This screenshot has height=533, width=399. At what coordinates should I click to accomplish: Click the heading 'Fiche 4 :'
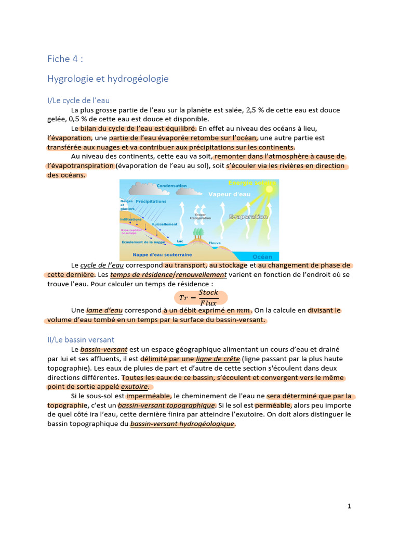(x=65, y=59)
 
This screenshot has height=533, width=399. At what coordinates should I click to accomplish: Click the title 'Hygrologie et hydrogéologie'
(x=108, y=79)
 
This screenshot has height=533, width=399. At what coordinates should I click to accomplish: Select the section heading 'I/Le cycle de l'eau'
(x=78, y=100)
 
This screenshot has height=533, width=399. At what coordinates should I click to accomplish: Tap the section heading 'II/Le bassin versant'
(x=81, y=339)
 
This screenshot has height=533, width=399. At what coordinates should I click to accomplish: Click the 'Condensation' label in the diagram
(x=171, y=186)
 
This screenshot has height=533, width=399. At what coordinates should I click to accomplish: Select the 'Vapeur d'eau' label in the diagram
(x=229, y=194)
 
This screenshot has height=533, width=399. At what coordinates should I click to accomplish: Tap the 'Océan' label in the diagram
(x=262, y=257)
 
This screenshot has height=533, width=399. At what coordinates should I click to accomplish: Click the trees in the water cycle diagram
(x=197, y=234)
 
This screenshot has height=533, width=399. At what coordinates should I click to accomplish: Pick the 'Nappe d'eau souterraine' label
(x=162, y=255)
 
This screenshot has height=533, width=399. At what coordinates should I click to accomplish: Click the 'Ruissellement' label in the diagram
(x=165, y=224)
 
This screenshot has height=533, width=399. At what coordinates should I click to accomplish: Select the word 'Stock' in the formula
(x=208, y=293)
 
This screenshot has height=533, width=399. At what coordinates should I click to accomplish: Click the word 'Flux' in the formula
(x=208, y=303)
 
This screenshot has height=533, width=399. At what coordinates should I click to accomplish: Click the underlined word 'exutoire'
(x=134, y=387)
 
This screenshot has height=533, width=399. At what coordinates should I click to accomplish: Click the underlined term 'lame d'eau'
(x=104, y=311)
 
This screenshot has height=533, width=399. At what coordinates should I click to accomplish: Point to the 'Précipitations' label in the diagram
(x=151, y=201)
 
